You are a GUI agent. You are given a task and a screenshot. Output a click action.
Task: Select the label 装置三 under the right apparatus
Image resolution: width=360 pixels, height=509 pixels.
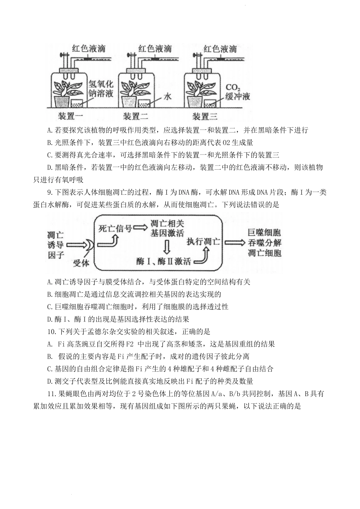click(x=205, y=116)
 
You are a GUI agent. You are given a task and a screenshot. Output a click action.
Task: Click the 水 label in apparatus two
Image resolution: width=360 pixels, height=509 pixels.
click(x=167, y=96)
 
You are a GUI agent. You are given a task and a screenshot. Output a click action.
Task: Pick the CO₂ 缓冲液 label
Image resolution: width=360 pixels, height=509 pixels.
click(x=238, y=92)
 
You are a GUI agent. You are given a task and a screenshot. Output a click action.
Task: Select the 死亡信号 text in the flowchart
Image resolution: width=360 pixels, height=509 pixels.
click(x=115, y=228)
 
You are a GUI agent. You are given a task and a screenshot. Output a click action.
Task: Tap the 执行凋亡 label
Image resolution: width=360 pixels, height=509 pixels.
click(x=203, y=241)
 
